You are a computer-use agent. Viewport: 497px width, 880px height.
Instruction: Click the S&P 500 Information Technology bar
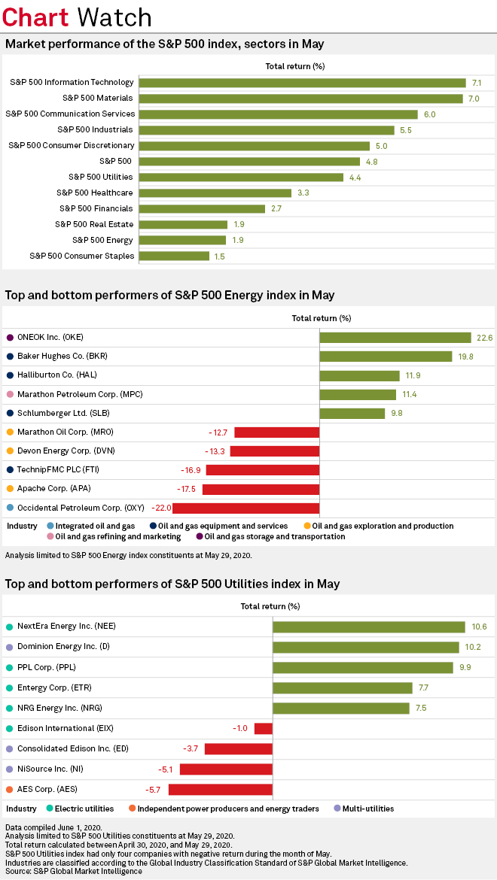[302, 83]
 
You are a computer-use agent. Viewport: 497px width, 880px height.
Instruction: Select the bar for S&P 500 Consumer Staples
[174, 256]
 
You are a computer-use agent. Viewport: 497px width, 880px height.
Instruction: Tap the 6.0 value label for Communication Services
[430, 114]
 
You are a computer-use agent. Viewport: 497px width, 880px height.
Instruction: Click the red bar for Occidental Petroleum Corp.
[257, 508]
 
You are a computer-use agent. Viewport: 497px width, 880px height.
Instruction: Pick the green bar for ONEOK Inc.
[395, 338]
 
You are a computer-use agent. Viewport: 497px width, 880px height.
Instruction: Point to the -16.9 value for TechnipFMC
[191, 470]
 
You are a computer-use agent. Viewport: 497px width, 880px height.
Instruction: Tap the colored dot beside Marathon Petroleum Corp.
[9, 394]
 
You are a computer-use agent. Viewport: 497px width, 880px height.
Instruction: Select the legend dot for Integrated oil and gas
[50, 526]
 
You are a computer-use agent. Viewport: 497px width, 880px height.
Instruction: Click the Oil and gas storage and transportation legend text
[275, 536]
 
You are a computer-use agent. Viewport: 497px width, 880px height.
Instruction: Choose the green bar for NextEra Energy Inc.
[368, 627]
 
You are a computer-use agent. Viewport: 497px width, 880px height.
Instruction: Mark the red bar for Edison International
[263, 728]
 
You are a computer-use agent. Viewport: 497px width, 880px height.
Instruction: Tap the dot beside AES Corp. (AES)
[9, 790]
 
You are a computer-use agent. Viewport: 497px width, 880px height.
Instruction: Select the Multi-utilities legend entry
[367, 809]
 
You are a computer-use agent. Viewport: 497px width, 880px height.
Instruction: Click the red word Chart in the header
[36, 17]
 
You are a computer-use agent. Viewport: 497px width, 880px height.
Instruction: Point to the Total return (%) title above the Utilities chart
[270, 606]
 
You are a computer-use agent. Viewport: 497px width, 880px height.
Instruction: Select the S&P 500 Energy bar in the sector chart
[182, 240]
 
